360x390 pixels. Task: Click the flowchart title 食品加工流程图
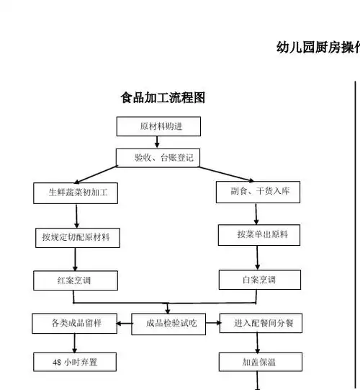tap(163, 98)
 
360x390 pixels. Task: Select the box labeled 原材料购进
tap(158, 127)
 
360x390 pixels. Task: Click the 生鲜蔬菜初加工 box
tap(76, 192)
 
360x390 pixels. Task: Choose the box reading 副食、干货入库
tap(258, 191)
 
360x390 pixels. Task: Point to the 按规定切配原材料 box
tap(76, 236)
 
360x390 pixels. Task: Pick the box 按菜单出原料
tap(258, 234)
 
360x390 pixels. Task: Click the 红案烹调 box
tap(76, 280)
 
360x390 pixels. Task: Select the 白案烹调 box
tap(258, 279)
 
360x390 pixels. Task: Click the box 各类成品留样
tap(76, 324)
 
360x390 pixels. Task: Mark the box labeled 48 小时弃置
tap(75, 362)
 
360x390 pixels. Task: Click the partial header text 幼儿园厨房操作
tap(318, 48)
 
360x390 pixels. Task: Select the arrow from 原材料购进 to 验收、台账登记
tap(158, 142)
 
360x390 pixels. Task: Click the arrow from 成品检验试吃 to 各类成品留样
tap(125, 324)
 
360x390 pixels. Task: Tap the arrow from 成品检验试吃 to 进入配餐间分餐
tap(213, 324)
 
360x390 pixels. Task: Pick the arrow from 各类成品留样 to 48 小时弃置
tap(75, 343)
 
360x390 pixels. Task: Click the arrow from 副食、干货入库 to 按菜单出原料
tap(257, 213)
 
